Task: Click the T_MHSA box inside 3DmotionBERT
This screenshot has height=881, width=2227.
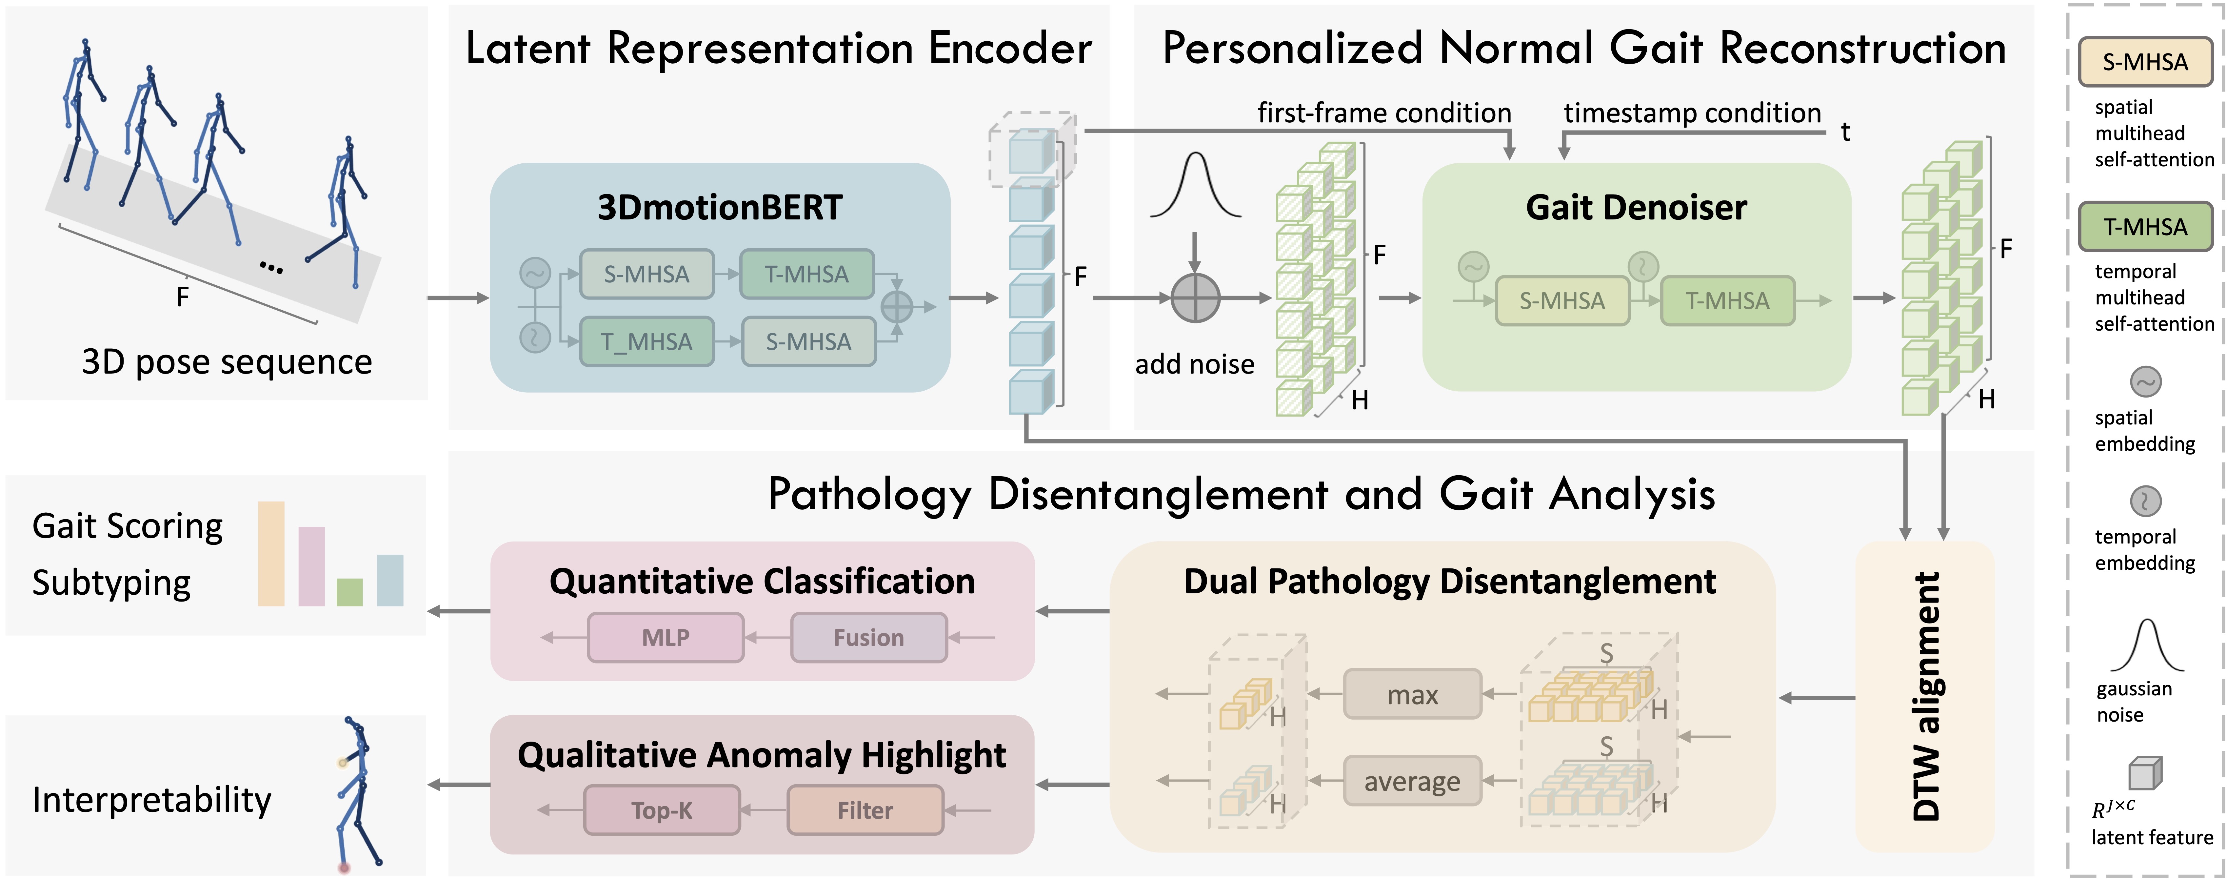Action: pos(647,341)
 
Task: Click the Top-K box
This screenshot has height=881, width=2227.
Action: pos(662,810)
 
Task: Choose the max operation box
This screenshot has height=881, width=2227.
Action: pos(1412,694)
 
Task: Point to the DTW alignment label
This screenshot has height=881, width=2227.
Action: pos(1926,696)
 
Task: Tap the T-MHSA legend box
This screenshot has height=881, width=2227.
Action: pos(2145,227)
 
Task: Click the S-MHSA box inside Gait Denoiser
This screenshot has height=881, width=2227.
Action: pos(1562,301)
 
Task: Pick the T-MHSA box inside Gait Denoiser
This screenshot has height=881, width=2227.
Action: pos(1727,301)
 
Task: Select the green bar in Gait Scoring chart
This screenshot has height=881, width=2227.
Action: pos(349,592)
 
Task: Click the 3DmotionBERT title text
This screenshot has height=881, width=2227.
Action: pos(719,208)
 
